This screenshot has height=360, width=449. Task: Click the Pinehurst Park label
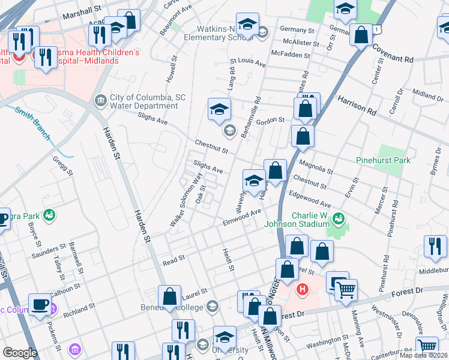click(384, 160)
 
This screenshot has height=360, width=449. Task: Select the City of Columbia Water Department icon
click(100, 99)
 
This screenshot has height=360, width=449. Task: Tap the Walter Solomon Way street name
click(185, 200)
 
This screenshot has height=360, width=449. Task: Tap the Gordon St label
click(270, 121)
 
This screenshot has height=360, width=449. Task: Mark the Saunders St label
click(52, 247)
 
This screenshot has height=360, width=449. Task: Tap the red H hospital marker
click(303, 290)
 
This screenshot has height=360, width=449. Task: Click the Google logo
click(20, 353)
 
